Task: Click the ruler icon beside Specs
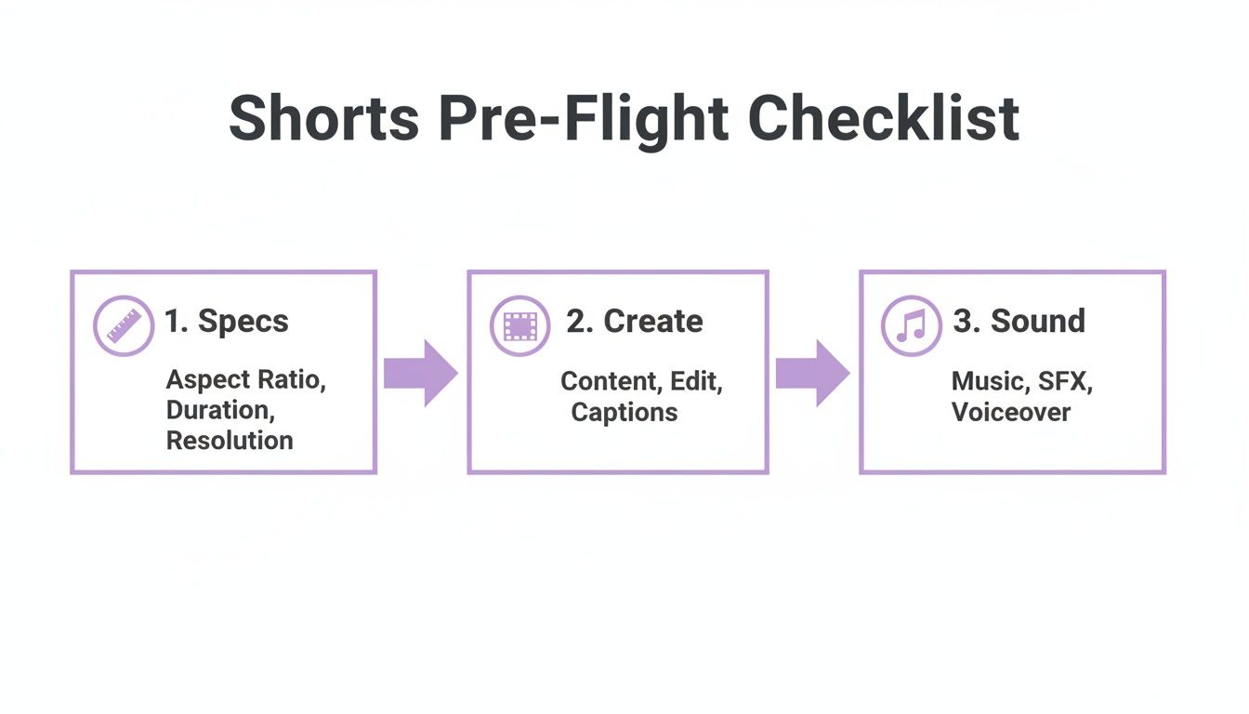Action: pyautogui.click(x=124, y=325)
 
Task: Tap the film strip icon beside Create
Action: pyautogui.click(x=520, y=325)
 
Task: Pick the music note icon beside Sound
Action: pyautogui.click(x=912, y=325)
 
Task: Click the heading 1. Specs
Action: pyautogui.click(x=227, y=322)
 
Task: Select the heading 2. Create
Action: pyautogui.click(x=635, y=322)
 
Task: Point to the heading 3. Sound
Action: pyautogui.click(x=1019, y=322)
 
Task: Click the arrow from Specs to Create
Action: pyautogui.click(x=420, y=373)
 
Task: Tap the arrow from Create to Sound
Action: pyautogui.click(x=812, y=373)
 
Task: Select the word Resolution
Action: pyautogui.click(x=230, y=441)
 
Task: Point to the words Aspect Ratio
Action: pyautogui.click(x=245, y=380)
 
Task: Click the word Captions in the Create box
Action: pyautogui.click(x=624, y=412)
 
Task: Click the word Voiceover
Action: pyautogui.click(x=1010, y=412)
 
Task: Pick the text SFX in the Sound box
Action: pyautogui.click(x=1061, y=381)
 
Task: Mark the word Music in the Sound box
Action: pyautogui.click(x=986, y=381)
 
